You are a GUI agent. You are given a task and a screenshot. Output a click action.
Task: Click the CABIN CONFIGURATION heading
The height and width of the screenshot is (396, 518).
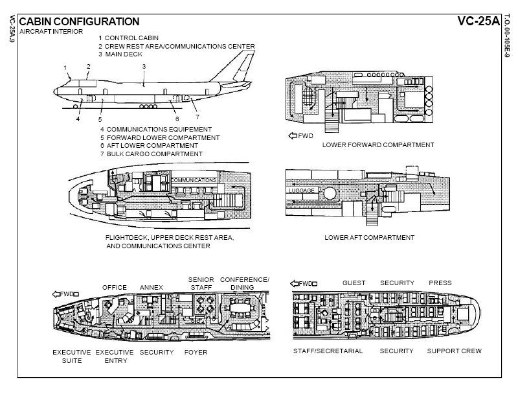[x=79, y=21]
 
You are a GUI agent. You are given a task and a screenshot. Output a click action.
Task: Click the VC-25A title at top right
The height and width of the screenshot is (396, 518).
[x=479, y=21]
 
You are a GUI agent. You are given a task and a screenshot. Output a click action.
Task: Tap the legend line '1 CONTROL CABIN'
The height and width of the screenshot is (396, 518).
[x=128, y=38]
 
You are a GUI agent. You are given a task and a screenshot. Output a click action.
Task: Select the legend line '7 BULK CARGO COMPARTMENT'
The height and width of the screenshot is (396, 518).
[x=151, y=154]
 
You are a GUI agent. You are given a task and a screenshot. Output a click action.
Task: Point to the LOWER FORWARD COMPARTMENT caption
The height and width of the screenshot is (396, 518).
[x=378, y=145]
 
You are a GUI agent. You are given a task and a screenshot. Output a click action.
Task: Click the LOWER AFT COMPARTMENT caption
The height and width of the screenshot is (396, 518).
[x=369, y=238]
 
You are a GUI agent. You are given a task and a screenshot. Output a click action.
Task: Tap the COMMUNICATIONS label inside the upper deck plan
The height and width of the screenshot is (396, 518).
[x=193, y=180]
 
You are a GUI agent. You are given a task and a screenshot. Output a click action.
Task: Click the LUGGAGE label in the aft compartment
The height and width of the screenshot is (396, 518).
[x=302, y=191]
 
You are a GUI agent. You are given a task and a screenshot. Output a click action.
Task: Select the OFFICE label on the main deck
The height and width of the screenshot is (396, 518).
[x=115, y=287]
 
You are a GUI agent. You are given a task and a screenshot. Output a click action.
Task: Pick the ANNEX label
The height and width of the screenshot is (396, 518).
[x=151, y=287]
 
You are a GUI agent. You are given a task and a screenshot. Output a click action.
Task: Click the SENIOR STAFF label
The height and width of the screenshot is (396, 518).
[x=201, y=283]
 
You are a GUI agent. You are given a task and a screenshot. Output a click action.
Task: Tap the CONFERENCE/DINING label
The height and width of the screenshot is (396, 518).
[x=244, y=283]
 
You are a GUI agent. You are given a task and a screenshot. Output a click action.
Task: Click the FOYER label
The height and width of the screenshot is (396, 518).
[x=196, y=352]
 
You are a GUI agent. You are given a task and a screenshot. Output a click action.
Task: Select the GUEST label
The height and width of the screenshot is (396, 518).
[x=354, y=283]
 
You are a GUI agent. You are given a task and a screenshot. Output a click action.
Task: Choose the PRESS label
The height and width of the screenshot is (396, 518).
[x=440, y=283]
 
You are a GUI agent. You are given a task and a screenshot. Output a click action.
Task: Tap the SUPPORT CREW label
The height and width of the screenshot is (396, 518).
[x=454, y=351]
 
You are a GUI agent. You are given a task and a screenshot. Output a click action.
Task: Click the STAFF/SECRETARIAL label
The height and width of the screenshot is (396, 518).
[x=328, y=351]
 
